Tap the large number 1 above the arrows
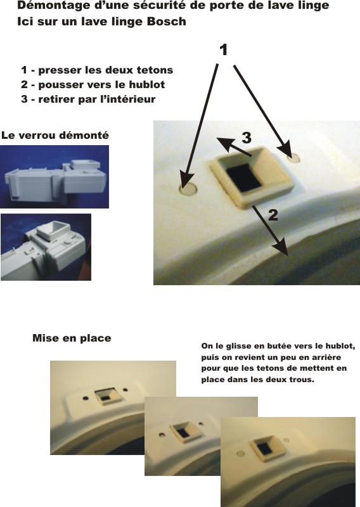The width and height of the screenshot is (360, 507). [x=224, y=50]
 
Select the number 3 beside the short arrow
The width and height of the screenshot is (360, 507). [x=247, y=138]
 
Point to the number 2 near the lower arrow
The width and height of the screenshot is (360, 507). [x=273, y=215]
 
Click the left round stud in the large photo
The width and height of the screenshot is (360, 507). [x=189, y=189]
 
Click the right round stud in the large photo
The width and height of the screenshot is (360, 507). [x=294, y=158]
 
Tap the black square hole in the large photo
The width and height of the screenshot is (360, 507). [x=244, y=177]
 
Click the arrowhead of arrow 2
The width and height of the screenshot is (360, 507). [x=281, y=248]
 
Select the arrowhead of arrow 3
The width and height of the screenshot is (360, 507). [x=224, y=143]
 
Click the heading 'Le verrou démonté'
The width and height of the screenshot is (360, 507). [x=55, y=135]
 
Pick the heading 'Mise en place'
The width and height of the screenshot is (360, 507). [x=72, y=338]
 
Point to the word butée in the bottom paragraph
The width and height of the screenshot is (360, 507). [x=276, y=346]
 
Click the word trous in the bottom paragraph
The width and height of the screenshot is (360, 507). [x=305, y=379]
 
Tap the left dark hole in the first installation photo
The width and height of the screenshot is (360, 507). [x=86, y=398]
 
